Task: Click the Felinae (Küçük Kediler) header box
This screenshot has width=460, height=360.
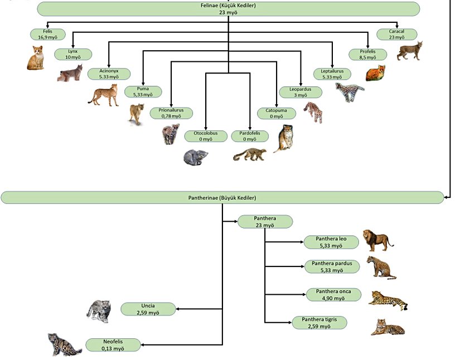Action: pos(229,8)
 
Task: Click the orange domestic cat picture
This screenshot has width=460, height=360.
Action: pos(36,58)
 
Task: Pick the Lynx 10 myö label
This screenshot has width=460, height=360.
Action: pos(73,54)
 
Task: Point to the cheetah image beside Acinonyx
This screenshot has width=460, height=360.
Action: pos(104,94)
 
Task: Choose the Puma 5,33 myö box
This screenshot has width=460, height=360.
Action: pos(143,91)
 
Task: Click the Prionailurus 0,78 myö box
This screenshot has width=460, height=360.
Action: pos(171,113)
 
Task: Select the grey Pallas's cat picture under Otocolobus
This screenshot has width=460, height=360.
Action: pos(196,157)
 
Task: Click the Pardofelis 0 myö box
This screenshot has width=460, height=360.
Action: pos(250,136)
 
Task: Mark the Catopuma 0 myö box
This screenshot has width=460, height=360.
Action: pos(276,113)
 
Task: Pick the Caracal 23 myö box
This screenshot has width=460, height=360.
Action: pos(396,34)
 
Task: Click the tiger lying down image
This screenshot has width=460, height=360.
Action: pos(387,327)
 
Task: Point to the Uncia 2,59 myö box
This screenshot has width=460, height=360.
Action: pos(148,309)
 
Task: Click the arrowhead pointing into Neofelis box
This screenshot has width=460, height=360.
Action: pos(144,345)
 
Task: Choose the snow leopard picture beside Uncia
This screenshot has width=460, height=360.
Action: pos(99,311)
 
